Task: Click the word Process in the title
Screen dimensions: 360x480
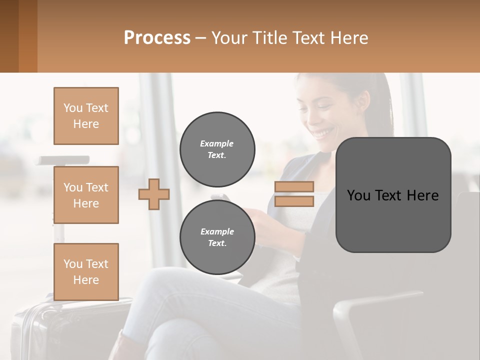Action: (x=157, y=38)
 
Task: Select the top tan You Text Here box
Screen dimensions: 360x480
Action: (x=86, y=116)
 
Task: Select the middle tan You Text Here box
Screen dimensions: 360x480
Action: (x=86, y=195)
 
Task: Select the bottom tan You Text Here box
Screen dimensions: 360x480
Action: (x=86, y=272)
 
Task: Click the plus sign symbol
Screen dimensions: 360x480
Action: (x=154, y=194)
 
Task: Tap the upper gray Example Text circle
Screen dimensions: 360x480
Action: (x=217, y=149)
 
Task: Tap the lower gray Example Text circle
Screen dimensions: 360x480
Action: (x=217, y=237)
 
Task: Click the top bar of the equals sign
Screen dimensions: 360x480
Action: (x=294, y=186)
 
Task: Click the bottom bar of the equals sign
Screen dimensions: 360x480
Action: (x=294, y=201)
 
